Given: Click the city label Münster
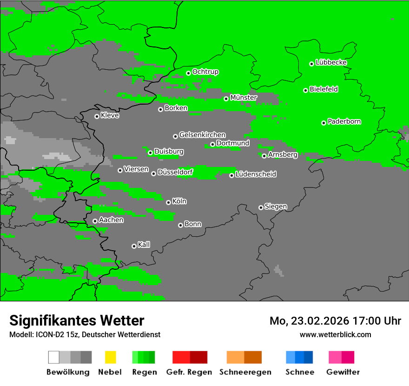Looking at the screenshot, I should (x=244, y=98).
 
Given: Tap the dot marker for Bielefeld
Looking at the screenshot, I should (x=306, y=90).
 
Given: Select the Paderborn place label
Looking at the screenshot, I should (x=344, y=121).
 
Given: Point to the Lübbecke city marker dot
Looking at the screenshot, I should (x=312, y=64).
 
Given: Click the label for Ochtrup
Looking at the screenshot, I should (x=205, y=72).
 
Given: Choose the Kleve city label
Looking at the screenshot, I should (x=110, y=115).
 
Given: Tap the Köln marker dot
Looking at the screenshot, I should (x=168, y=202).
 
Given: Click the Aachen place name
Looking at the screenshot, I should (x=111, y=220).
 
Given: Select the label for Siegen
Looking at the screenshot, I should (x=276, y=206).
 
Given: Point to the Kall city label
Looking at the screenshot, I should (x=144, y=245).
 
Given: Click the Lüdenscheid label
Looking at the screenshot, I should (x=256, y=174).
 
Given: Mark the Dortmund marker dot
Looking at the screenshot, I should (x=212, y=144).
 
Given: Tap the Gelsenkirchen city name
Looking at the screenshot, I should (x=202, y=135).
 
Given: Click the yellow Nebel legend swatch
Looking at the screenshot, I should (x=110, y=357).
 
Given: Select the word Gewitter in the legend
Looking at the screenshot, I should (x=343, y=372).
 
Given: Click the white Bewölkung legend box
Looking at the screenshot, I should (x=54, y=357).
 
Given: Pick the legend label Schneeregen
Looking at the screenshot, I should (x=245, y=372).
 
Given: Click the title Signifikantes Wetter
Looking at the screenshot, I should (x=77, y=320).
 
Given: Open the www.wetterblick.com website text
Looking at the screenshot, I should (x=335, y=334).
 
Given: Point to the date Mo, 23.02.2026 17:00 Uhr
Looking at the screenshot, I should (x=335, y=321).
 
